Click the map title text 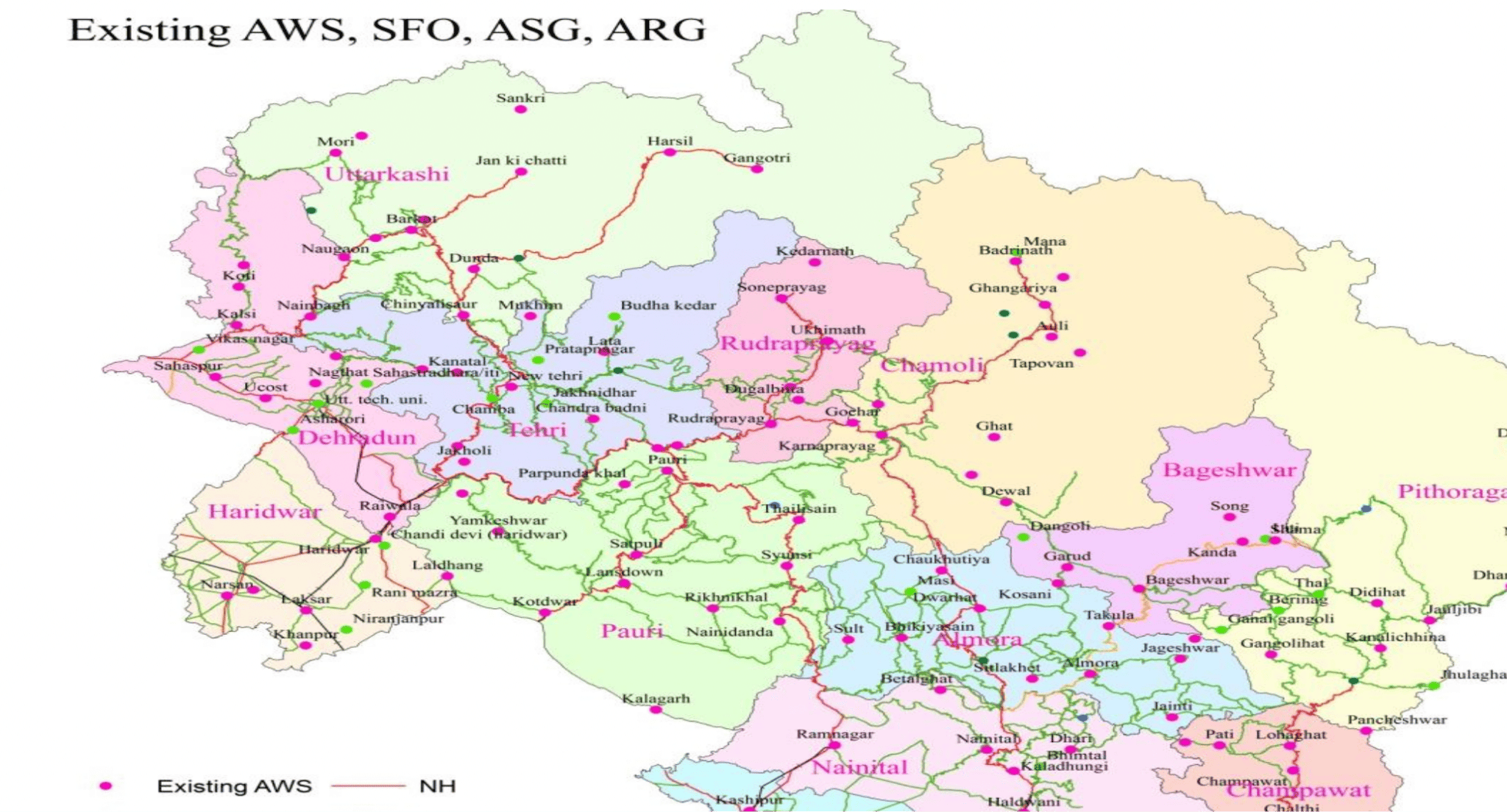point(387,30)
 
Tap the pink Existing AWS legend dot point(106,786)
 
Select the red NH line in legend point(368,786)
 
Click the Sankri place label point(520,98)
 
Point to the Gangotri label point(757,157)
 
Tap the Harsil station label point(670,140)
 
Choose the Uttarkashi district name point(386,174)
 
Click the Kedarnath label point(815,251)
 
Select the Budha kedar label point(668,305)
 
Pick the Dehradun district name point(357,438)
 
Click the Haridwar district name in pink point(265,511)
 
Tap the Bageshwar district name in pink point(1229,470)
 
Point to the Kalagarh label point(656,698)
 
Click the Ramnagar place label point(834,733)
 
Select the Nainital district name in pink point(859,768)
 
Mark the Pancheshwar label point(1397,719)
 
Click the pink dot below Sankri point(520,109)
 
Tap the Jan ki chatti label point(520,160)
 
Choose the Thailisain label point(799,508)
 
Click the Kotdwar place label point(545,601)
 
